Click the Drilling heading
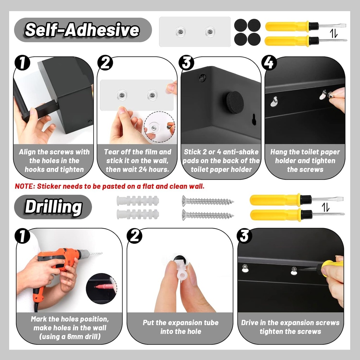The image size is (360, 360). click(53, 207)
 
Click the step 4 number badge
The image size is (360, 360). click(269, 63)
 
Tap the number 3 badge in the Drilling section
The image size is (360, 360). click(244, 236)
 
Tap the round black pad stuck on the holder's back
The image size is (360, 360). click(234, 102)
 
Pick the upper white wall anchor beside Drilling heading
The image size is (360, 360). click(137, 201)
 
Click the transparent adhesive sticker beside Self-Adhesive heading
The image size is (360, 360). click(195, 32)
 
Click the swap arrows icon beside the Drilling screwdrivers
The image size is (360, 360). click(326, 207)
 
